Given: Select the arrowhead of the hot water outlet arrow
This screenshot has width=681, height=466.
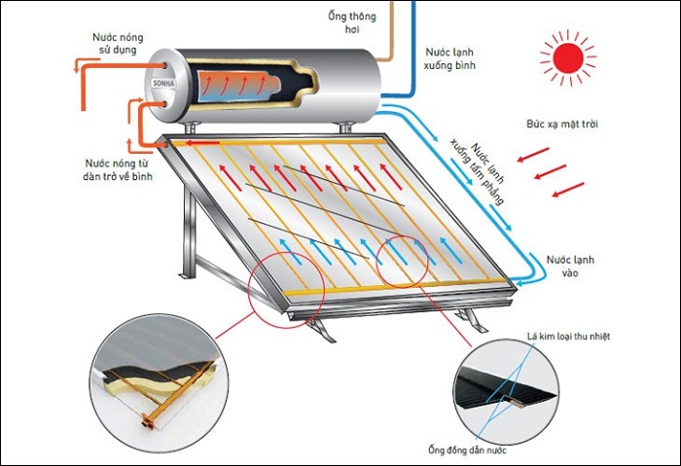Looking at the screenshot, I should coord(79,66).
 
